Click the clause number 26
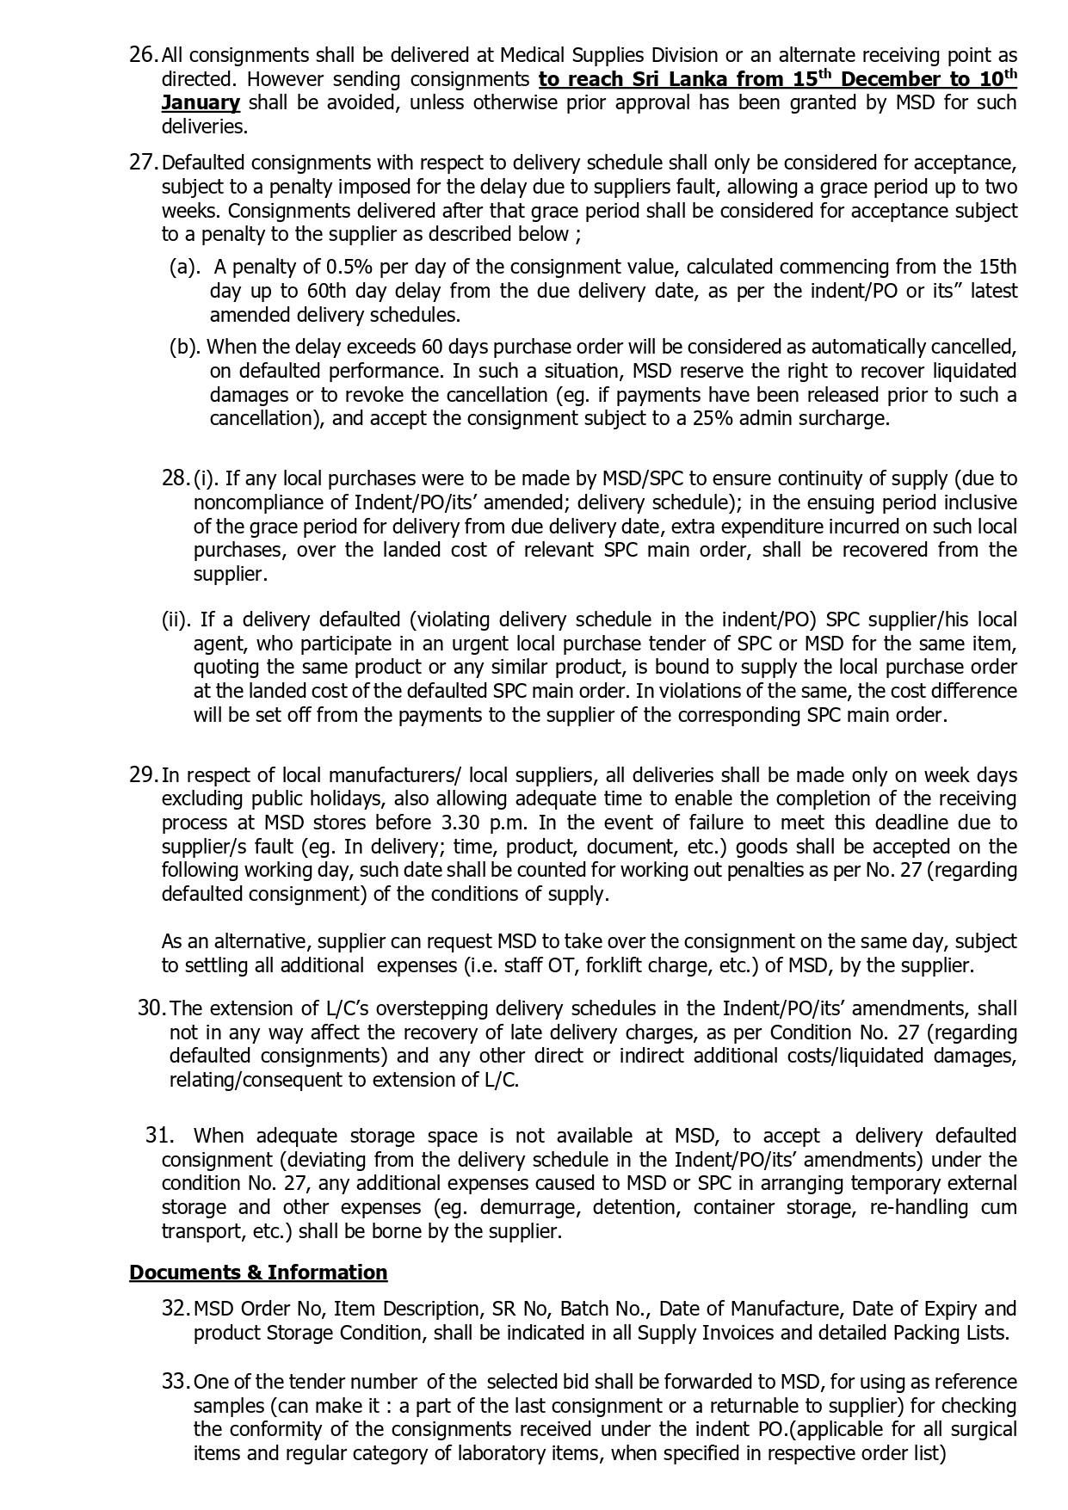coord(143,55)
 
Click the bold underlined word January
coord(201,102)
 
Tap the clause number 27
coord(143,163)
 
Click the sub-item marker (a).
coord(184,267)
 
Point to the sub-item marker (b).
coord(184,347)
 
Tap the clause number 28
coord(175,478)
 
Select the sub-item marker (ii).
coord(177,619)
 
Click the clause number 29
coord(143,774)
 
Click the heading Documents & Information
coord(258,1273)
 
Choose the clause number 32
coord(175,1309)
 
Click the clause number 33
coord(175,1382)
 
